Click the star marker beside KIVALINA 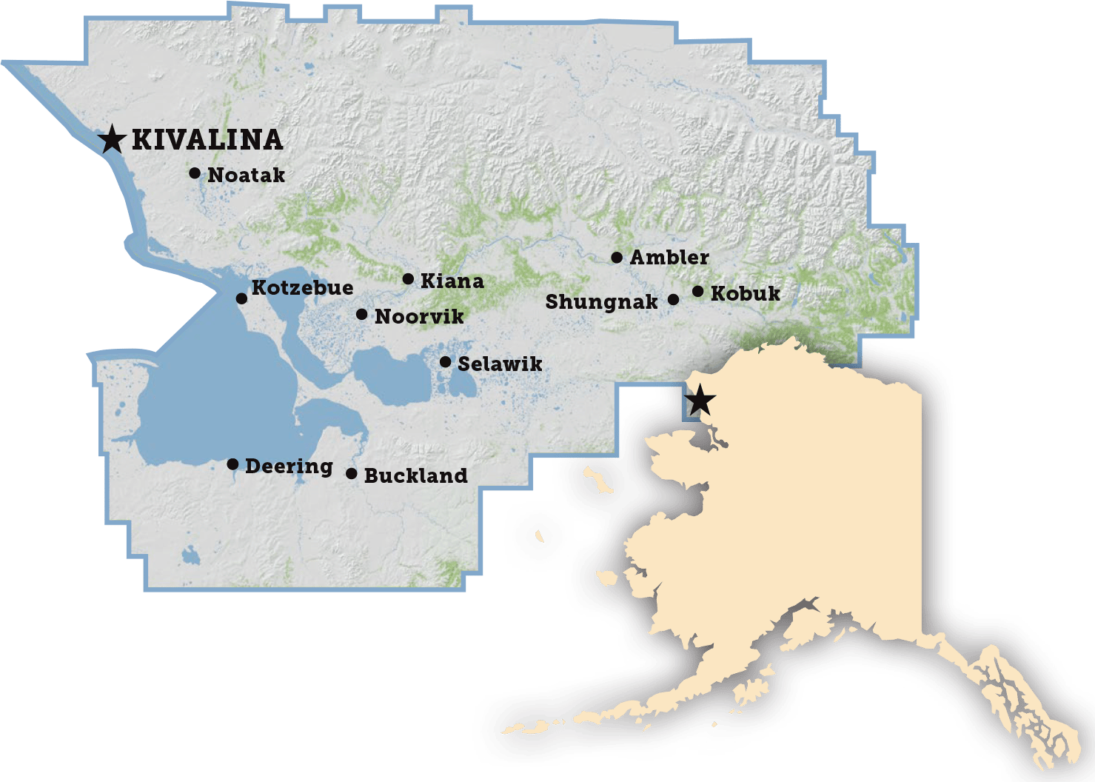click(x=112, y=138)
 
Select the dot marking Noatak click(x=195, y=173)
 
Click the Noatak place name click(x=246, y=176)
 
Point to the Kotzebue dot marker click(x=241, y=298)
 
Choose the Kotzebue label click(x=302, y=287)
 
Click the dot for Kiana click(x=408, y=279)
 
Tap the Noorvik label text click(x=419, y=317)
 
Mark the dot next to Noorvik click(x=361, y=315)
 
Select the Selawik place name click(x=500, y=364)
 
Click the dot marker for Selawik click(x=445, y=362)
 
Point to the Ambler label click(x=669, y=258)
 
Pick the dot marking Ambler click(x=617, y=258)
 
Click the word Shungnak click(x=601, y=302)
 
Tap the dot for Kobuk click(x=697, y=292)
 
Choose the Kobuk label click(x=745, y=294)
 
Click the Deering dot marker click(x=232, y=464)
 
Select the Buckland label click(x=415, y=475)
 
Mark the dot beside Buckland click(x=352, y=473)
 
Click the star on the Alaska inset click(x=700, y=402)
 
